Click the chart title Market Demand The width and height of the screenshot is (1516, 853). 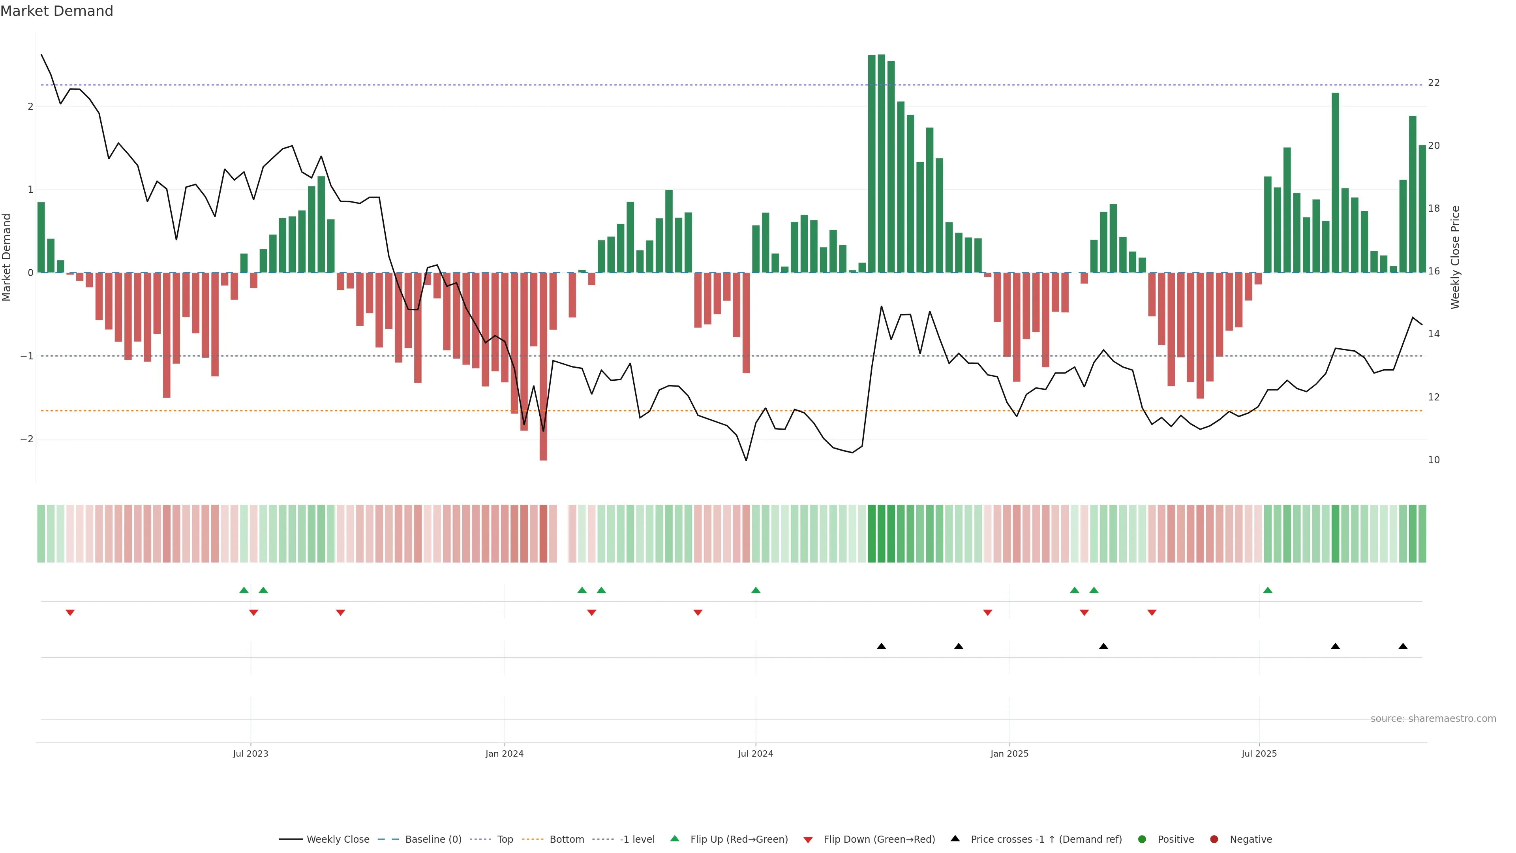(x=56, y=11)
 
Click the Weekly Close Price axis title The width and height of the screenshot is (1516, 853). (x=1455, y=257)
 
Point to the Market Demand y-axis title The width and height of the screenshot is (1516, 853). (x=7, y=257)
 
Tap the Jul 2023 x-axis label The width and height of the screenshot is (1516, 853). (x=250, y=753)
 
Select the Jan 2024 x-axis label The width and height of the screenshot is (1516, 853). (x=505, y=753)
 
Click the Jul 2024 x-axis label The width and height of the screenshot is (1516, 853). (x=756, y=753)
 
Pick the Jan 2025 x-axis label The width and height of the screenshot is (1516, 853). (x=1009, y=753)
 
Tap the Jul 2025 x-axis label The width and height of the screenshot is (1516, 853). (x=1259, y=753)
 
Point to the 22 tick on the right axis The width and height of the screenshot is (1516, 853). (x=1433, y=83)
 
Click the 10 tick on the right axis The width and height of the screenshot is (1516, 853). (x=1433, y=460)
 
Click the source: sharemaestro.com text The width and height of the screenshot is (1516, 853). (x=1433, y=719)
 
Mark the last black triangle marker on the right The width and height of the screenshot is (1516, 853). (x=1403, y=646)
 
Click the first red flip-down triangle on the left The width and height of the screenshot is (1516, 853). (x=70, y=613)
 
